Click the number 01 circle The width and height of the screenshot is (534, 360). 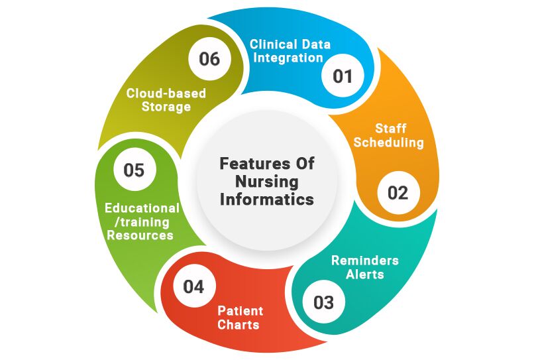343,76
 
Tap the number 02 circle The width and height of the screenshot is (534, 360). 398,192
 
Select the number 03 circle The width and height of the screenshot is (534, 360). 323,302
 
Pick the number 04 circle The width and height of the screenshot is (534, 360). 193,287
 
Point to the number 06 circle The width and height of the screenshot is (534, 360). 209,58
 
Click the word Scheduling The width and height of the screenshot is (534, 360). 389,142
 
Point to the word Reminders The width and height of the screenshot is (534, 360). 364,260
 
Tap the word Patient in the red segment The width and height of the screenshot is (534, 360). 240,311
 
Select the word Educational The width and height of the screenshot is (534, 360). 142,208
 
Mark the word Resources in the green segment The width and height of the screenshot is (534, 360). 140,235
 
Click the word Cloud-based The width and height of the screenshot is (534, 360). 166,93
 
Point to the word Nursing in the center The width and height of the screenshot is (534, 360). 267,181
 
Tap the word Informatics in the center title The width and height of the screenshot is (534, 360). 267,199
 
